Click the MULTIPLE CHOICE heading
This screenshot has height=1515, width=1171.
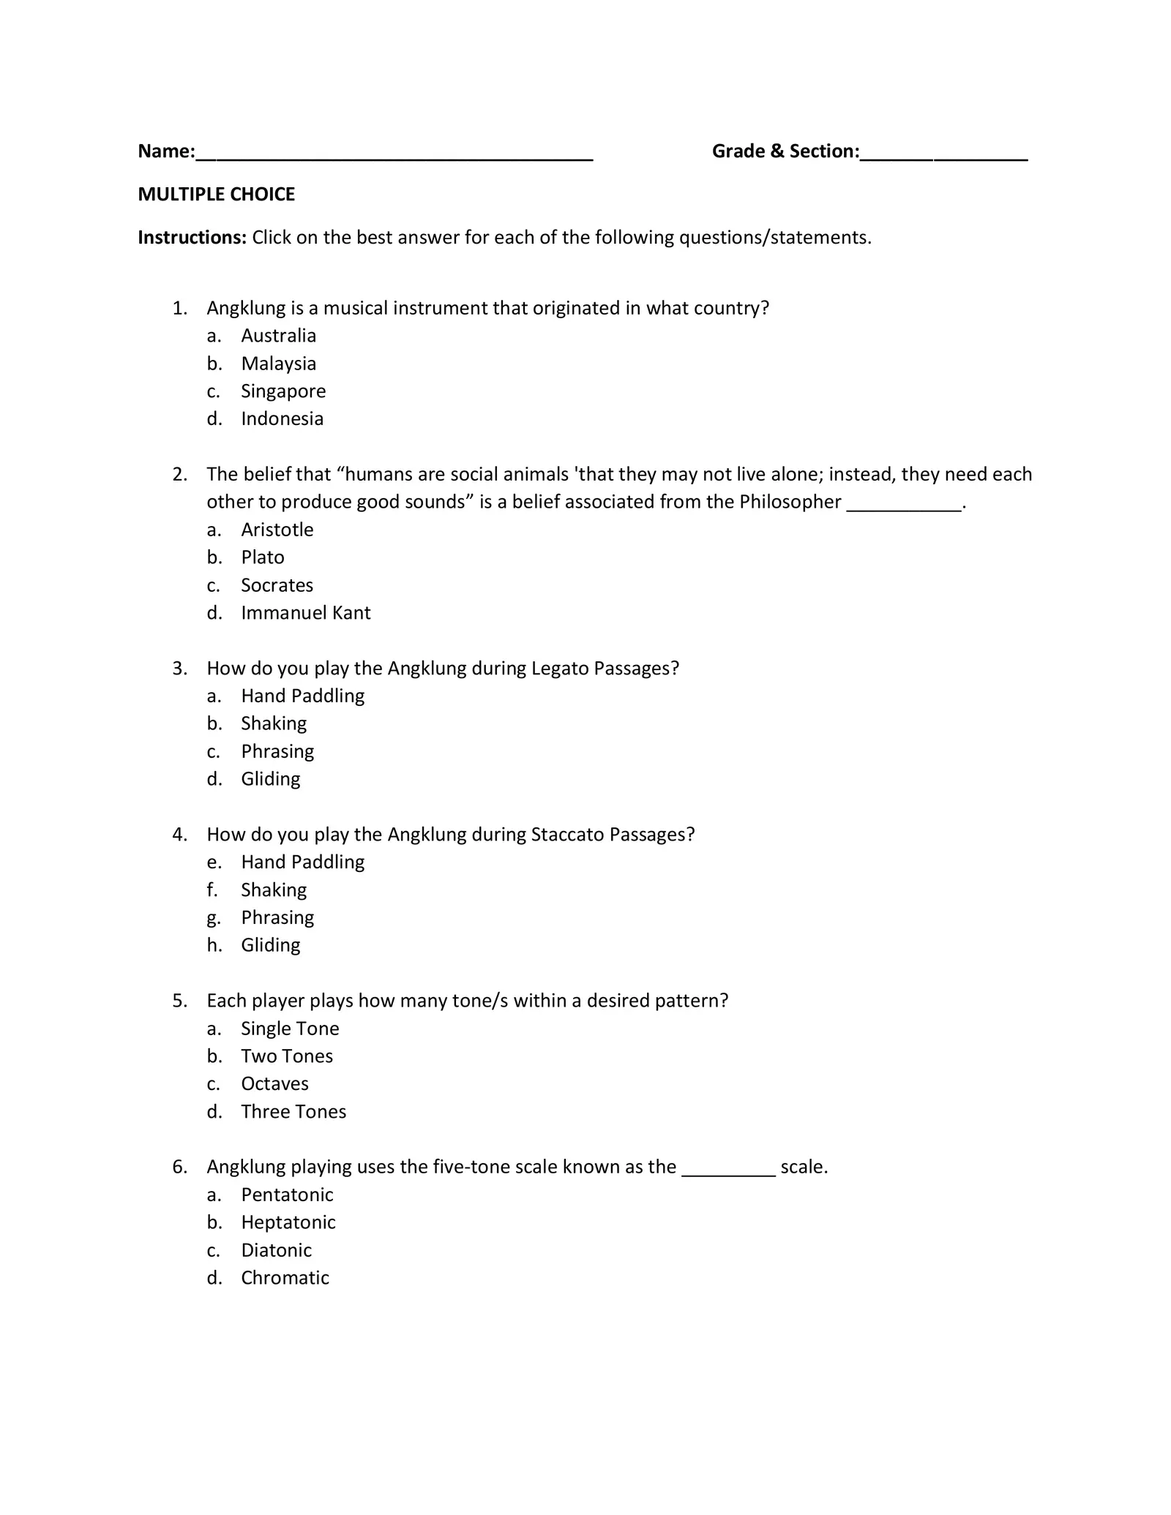(x=216, y=195)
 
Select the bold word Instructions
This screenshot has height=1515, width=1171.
(x=192, y=238)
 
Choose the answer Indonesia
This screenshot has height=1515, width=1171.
(x=282, y=419)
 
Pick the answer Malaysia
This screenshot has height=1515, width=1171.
(x=278, y=364)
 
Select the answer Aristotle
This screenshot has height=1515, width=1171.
(x=277, y=530)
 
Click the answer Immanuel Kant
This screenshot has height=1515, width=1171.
(x=305, y=613)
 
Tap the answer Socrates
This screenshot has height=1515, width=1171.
(x=277, y=585)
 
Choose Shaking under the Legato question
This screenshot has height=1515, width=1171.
(x=274, y=723)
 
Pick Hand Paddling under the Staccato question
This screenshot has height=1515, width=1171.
(x=302, y=862)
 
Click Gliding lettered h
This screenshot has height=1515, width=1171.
(x=270, y=945)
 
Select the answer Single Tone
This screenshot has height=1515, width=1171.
(x=290, y=1029)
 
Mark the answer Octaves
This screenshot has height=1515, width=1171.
(x=274, y=1084)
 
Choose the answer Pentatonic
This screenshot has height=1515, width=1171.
(x=287, y=1195)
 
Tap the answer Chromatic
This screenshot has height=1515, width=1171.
(x=285, y=1278)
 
